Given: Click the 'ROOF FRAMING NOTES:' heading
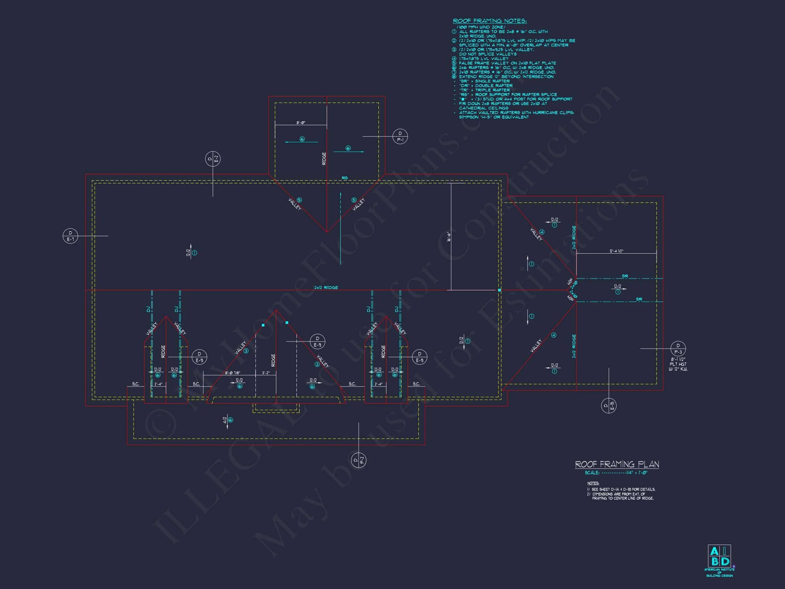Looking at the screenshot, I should coord(490,21).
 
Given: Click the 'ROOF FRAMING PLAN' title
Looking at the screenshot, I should coord(617,464).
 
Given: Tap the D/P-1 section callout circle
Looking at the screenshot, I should coord(400,137).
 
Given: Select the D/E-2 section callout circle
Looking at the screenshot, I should coord(213,159).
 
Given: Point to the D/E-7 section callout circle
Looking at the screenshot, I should coord(70,236).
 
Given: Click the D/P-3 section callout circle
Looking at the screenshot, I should coord(678,349).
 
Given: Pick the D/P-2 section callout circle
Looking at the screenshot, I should coord(358,460).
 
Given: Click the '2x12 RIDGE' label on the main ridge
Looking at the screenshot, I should coord(326,288).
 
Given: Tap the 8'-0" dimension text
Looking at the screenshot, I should coord(301,123).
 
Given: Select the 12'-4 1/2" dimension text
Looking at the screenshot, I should coord(616,251).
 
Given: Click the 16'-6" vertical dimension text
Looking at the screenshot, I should coord(449,237).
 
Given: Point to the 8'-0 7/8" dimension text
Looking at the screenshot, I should coord(232,373).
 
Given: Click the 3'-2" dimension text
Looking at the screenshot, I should coord(266,373).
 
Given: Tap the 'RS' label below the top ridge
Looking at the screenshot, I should coord(344,178).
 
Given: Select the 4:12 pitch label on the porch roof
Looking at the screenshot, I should coord(225,420).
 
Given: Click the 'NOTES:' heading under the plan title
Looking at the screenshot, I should coord(593,483).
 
